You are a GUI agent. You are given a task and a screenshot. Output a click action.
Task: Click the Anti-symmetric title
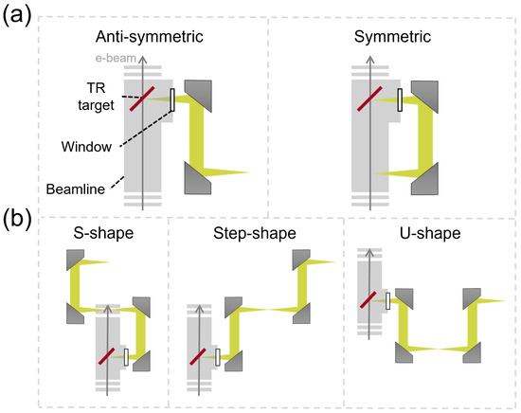pos(149,37)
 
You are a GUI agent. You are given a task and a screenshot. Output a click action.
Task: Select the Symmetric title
pos(392,37)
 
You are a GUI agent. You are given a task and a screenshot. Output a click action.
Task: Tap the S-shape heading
pos(103,233)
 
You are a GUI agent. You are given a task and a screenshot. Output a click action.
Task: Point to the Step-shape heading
pos(255,233)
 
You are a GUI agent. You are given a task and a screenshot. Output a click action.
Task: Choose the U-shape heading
pos(430,233)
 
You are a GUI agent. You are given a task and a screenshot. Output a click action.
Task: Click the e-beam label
pos(116,58)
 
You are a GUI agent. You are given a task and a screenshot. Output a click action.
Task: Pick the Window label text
pos(86,147)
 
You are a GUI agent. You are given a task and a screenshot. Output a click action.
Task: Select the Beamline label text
pos(76,189)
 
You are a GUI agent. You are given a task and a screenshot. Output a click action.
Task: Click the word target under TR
pos(96,105)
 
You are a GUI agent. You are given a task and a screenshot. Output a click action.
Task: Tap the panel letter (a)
pos(17,15)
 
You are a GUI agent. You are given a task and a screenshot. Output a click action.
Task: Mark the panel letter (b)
pos(17,220)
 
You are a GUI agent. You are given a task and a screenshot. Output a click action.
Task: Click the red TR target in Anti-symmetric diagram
pos(142,99)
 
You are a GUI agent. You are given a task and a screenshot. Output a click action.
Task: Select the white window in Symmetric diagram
pos(400,99)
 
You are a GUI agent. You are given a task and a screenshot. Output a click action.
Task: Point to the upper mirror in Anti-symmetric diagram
pos(199,96)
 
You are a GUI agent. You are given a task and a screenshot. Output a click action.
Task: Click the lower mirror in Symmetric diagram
pos(424,178)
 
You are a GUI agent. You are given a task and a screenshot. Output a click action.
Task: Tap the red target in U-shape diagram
pos(368,300)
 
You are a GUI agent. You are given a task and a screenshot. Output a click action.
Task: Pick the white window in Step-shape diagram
pos(218,357)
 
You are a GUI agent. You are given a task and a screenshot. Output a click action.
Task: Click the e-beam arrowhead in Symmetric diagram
pos(370,60)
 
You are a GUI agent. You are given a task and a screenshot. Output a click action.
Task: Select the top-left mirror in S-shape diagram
pos(75,260)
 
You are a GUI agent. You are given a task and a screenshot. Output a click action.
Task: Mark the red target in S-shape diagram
pos(107,356)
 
